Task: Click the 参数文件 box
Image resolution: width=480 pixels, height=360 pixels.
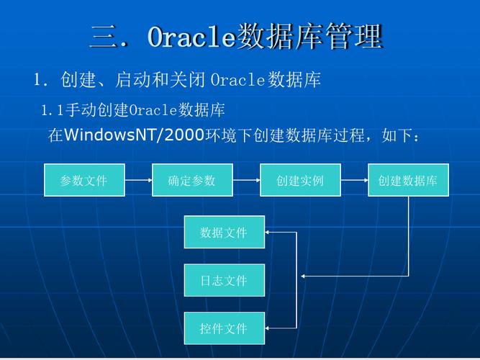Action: click(84, 180)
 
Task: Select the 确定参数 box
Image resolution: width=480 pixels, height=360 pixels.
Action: click(192, 180)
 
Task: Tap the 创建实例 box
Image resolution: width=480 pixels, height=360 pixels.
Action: click(300, 180)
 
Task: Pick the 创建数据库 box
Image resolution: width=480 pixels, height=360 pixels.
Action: click(408, 180)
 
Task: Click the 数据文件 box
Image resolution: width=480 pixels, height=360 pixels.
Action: click(224, 232)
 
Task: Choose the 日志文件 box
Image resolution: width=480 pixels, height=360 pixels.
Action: click(224, 280)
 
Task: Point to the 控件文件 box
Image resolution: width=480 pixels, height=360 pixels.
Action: click(224, 328)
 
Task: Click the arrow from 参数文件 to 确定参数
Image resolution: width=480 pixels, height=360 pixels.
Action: click(138, 180)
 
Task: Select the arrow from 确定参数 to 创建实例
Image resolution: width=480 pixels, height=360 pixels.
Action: click(246, 180)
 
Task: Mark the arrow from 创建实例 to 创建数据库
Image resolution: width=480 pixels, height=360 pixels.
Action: click(354, 180)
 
